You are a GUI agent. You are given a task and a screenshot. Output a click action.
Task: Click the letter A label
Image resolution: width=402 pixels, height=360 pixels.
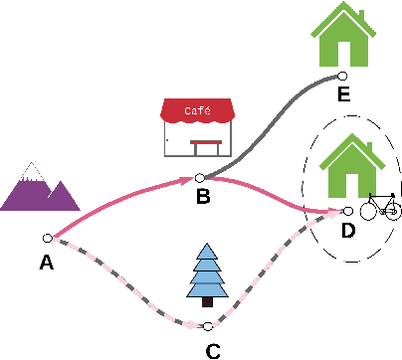pyautogui.click(x=46, y=263)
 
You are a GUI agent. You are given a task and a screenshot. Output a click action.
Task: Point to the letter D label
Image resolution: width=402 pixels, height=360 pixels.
pyautogui.click(x=348, y=232)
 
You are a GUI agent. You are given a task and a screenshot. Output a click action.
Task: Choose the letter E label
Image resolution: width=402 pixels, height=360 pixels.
pyautogui.click(x=343, y=95)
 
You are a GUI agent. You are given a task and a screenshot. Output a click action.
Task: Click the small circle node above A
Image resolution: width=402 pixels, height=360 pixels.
pyautogui.click(x=47, y=238)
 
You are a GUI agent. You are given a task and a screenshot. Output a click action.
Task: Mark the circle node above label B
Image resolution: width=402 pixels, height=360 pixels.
pyautogui.click(x=200, y=177)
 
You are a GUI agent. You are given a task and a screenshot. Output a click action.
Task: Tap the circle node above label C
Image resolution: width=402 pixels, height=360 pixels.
pyautogui.click(x=207, y=325)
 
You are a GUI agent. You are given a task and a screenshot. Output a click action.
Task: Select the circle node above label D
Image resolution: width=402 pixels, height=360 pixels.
pyautogui.click(x=347, y=211)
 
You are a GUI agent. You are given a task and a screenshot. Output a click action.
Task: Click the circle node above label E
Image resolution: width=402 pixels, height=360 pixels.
pyautogui.click(x=342, y=75)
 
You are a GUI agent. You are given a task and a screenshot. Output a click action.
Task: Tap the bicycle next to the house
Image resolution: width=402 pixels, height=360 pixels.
pyautogui.click(x=381, y=207)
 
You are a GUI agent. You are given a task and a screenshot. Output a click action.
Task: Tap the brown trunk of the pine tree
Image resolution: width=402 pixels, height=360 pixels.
pyautogui.click(x=208, y=300)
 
